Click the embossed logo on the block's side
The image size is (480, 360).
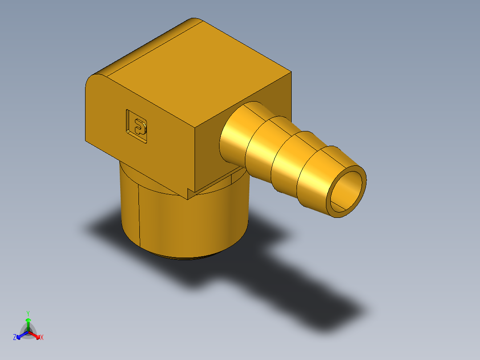138,127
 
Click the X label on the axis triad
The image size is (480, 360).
42,337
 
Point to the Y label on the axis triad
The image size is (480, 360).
28,313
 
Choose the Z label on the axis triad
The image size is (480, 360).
15,337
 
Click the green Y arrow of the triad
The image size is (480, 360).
28,323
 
